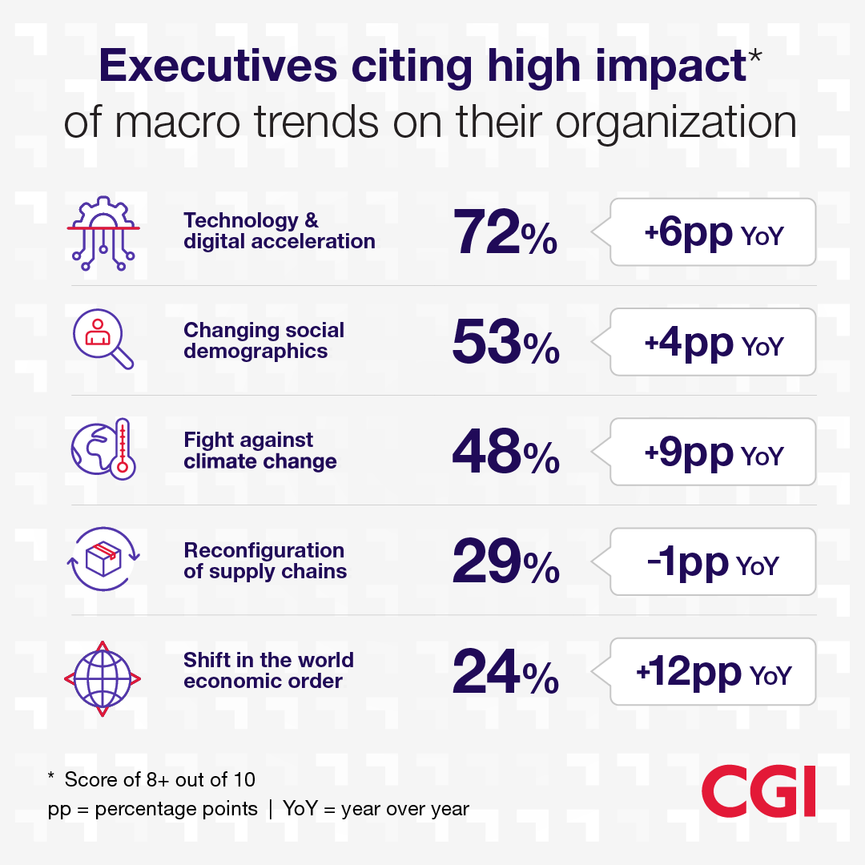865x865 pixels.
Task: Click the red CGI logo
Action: pos(758,792)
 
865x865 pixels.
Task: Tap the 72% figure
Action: pos(505,232)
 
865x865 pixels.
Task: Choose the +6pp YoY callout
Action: pos(713,232)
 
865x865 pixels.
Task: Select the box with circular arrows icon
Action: pos(103,558)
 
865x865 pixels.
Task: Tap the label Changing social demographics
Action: pos(264,340)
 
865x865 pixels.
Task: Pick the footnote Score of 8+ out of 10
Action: pos(160,779)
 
